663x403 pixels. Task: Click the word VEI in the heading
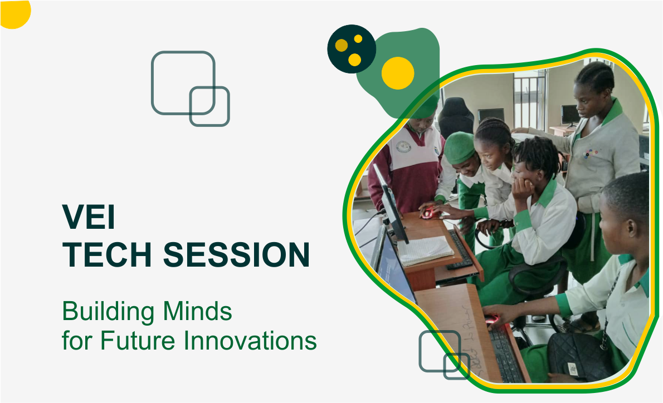(x=89, y=217)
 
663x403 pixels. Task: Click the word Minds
(x=197, y=311)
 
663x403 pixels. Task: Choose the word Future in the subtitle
(x=138, y=341)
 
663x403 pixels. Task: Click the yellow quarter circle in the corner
(x=15, y=13)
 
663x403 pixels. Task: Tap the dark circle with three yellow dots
(x=352, y=49)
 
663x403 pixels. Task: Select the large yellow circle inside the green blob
(x=398, y=73)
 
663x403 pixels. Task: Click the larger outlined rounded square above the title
(x=183, y=83)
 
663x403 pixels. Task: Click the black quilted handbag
(x=579, y=357)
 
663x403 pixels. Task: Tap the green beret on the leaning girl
(x=459, y=148)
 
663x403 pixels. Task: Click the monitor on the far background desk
(x=570, y=115)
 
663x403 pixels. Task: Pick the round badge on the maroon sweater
(x=403, y=147)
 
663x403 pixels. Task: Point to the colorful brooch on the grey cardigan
(x=590, y=153)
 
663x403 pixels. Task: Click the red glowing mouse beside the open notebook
(x=427, y=213)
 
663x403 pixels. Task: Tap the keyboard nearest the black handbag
(x=505, y=354)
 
